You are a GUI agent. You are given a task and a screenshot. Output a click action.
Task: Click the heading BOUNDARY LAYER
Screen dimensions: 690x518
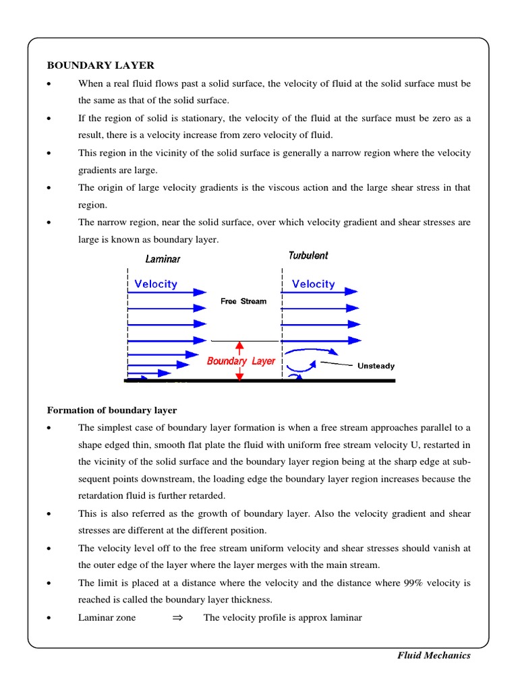pos(100,65)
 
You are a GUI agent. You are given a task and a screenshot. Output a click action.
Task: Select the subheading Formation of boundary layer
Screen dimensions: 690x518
pos(111,410)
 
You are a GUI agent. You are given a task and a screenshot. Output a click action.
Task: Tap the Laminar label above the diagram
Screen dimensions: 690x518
pos(163,259)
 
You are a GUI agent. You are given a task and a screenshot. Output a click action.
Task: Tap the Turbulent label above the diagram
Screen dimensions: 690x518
pos(308,255)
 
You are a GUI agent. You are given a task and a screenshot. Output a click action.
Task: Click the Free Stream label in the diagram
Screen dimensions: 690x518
pos(243,301)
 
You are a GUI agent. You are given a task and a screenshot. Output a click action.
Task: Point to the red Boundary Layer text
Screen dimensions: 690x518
pos(241,361)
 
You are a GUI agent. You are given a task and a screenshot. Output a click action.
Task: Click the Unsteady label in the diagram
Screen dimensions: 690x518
pos(376,366)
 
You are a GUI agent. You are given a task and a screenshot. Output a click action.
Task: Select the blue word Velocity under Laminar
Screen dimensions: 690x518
pos(156,284)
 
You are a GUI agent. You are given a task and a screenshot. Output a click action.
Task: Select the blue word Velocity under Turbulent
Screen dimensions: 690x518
pos(313,284)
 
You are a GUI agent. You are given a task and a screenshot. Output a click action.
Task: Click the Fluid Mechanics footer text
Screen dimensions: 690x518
pos(433,656)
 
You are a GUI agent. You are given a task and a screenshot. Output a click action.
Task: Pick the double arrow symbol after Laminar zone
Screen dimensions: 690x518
pos(178,618)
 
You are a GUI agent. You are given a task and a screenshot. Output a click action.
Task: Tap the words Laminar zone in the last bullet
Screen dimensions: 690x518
pos(107,618)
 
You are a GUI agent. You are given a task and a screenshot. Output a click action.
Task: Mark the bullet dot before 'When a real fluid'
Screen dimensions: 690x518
pos(49,84)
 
